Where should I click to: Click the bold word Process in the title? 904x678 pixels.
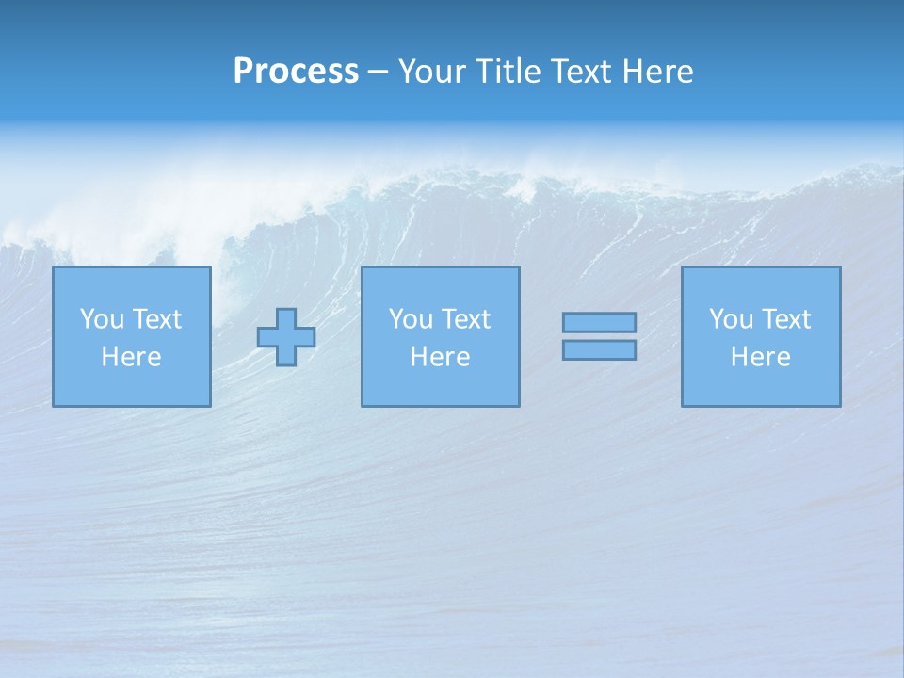[296, 72]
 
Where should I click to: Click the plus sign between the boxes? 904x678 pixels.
[286, 337]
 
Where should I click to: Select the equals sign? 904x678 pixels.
[599, 336]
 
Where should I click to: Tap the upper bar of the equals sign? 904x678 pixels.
[599, 322]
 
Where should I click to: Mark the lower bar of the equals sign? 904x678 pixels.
[599, 350]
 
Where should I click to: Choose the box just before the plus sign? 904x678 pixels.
[132, 336]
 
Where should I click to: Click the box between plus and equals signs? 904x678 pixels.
[440, 336]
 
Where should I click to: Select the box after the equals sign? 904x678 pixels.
[761, 336]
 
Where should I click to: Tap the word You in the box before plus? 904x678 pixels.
[102, 319]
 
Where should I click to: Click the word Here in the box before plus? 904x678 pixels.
[131, 357]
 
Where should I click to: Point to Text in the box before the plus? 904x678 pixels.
[156, 319]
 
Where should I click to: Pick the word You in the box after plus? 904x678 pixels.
[411, 319]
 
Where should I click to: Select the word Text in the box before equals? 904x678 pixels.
[465, 319]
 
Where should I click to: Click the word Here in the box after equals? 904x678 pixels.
[760, 357]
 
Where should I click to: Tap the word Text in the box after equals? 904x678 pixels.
[785, 319]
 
